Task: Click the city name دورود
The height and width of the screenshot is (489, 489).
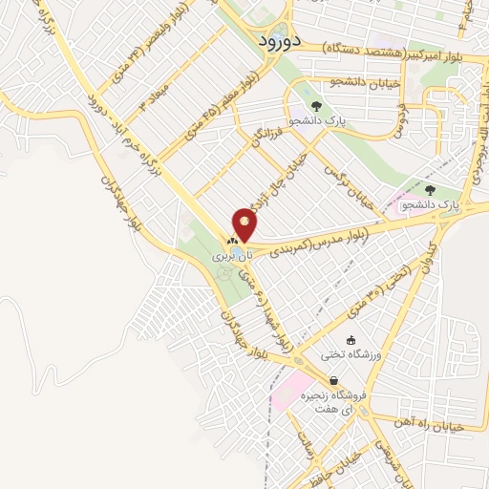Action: tap(281, 41)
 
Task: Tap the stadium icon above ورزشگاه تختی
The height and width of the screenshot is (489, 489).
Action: tap(351, 340)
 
